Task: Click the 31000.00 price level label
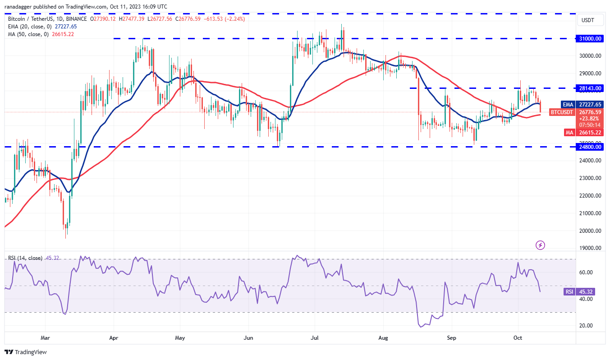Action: (x=591, y=39)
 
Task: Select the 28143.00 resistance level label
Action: (x=591, y=88)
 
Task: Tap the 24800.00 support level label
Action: (x=591, y=147)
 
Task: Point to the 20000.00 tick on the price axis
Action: (x=591, y=231)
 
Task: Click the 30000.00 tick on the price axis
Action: (x=591, y=56)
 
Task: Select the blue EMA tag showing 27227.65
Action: (x=568, y=104)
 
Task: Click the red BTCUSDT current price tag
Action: (x=562, y=112)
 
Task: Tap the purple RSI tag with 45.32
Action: (x=569, y=292)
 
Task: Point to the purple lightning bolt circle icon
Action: (x=540, y=245)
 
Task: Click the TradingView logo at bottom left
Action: (x=26, y=352)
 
